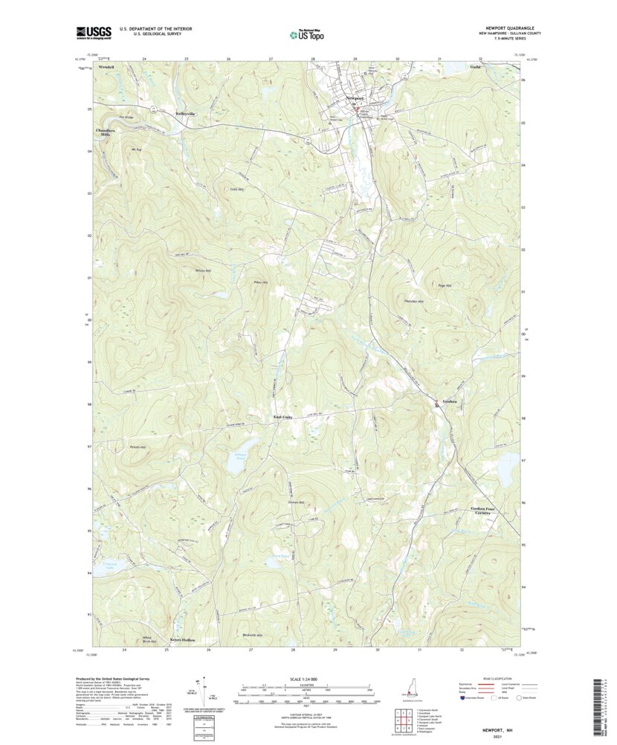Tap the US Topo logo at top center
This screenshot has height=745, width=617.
tap(307, 33)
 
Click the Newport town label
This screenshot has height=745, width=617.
tap(355, 98)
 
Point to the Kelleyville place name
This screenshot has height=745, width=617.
tap(185, 114)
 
